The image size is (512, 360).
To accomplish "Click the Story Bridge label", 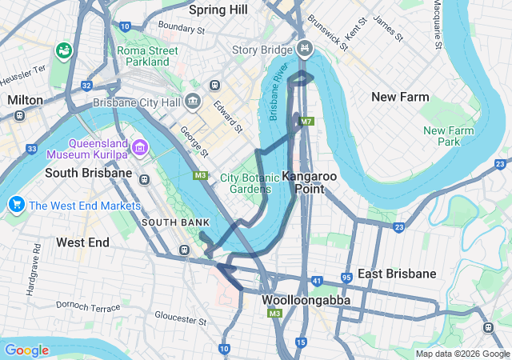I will coord(262,50).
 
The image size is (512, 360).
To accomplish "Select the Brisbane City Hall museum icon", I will coord(192,102).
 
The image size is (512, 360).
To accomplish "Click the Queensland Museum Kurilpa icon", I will coord(141,146).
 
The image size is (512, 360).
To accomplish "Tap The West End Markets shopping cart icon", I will coord(15,205).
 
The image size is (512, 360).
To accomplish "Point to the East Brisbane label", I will coord(397,274).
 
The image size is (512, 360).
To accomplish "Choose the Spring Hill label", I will coord(219,10).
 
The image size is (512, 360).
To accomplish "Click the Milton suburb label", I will coord(24,100).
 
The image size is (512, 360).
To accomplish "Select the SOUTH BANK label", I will coord(175,222).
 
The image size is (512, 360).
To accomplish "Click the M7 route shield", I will coord(306,122).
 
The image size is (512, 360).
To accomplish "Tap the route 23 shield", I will coord(398,227).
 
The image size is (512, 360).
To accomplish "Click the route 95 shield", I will coord(346,278).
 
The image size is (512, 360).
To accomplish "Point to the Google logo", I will coord(26,350).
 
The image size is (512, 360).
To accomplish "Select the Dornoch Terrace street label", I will coord(88,306).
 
